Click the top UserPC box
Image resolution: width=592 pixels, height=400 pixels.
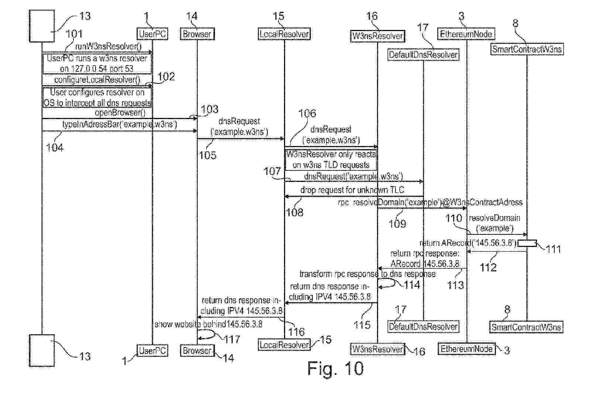(x=152, y=34)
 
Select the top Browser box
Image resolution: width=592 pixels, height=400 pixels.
(x=197, y=34)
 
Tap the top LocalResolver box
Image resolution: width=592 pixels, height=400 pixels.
(x=284, y=34)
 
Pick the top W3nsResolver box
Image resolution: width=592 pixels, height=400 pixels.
(x=377, y=36)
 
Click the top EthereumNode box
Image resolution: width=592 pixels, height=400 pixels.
(x=466, y=34)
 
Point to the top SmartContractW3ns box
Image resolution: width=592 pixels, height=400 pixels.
(x=527, y=49)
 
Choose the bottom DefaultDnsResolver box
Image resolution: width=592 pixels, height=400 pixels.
(x=423, y=327)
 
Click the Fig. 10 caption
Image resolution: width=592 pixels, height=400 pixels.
(x=335, y=369)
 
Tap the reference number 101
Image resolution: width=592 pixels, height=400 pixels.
(x=74, y=34)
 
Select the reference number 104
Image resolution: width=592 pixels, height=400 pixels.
(x=55, y=148)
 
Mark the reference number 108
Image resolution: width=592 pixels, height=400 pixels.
(x=294, y=213)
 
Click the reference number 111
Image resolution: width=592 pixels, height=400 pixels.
(x=553, y=250)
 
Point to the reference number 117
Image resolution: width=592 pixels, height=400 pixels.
(x=232, y=339)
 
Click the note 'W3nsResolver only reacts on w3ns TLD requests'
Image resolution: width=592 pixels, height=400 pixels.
(x=331, y=160)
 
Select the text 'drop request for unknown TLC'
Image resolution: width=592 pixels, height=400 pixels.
(x=352, y=190)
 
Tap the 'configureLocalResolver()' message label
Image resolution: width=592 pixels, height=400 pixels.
(x=97, y=80)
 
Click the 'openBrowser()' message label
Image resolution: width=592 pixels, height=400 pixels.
(x=120, y=113)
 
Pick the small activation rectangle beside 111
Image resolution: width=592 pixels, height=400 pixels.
(x=527, y=243)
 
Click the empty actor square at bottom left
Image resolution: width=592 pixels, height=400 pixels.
(x=42, y=350)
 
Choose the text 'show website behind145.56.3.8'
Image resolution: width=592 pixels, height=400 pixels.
(x=208, y=325)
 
